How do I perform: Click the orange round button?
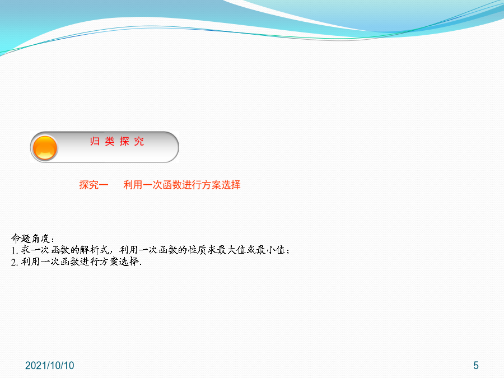[x=45, y=147]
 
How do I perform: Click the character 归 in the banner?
[x=95, y=142]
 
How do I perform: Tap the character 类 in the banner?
[x=110, y=142]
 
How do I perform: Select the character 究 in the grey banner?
[x=139, y=142]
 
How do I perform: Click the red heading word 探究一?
[x=94, y=185]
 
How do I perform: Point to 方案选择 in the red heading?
[x=221, y=185]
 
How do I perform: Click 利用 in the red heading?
[x=133, y=185]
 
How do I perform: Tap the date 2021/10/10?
[x=49, y=366]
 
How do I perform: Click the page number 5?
[x=476, y=366]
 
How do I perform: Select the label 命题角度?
[x=31, y=239]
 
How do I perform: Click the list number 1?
[x=13, y=250]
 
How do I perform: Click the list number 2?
[x=13, y=262]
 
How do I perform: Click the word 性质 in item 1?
[x=198, y=250]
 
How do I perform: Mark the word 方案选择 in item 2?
[x=119, y=262]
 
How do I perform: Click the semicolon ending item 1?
[x=288, y=251]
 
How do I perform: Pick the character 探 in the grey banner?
[x=124, y=142]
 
